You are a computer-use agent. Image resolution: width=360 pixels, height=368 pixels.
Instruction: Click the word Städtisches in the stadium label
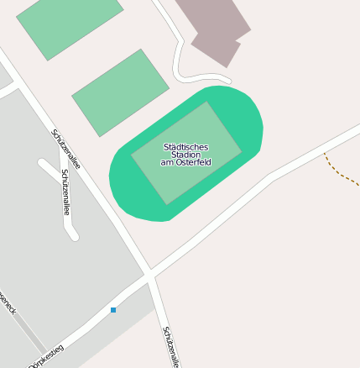[x=185, y=147]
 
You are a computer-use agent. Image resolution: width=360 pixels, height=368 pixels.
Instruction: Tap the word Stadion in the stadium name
[x=185, y=155]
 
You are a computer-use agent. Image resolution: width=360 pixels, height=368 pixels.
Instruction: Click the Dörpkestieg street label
[x=46, y=356]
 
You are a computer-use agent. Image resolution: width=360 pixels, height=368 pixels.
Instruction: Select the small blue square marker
[x=113, y=310]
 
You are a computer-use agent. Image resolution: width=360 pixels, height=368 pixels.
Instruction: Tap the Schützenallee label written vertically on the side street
[x=65, y=192]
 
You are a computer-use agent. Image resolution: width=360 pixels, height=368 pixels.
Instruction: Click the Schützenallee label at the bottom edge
[x=172, y=346]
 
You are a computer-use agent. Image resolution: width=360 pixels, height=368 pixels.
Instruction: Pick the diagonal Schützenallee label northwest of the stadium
[x=66, y=149]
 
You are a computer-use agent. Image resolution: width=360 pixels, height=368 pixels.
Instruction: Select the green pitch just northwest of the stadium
[x=121, y=92]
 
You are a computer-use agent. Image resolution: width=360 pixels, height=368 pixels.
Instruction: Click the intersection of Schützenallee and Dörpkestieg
[x=149, y=274]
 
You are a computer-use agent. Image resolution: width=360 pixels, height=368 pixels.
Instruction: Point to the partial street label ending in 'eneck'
[x=8, y=304]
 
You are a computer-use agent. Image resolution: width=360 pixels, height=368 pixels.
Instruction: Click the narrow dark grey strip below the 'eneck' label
[x=29, y=334]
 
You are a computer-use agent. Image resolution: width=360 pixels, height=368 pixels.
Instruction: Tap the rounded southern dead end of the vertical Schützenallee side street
[x=73, y=235]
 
